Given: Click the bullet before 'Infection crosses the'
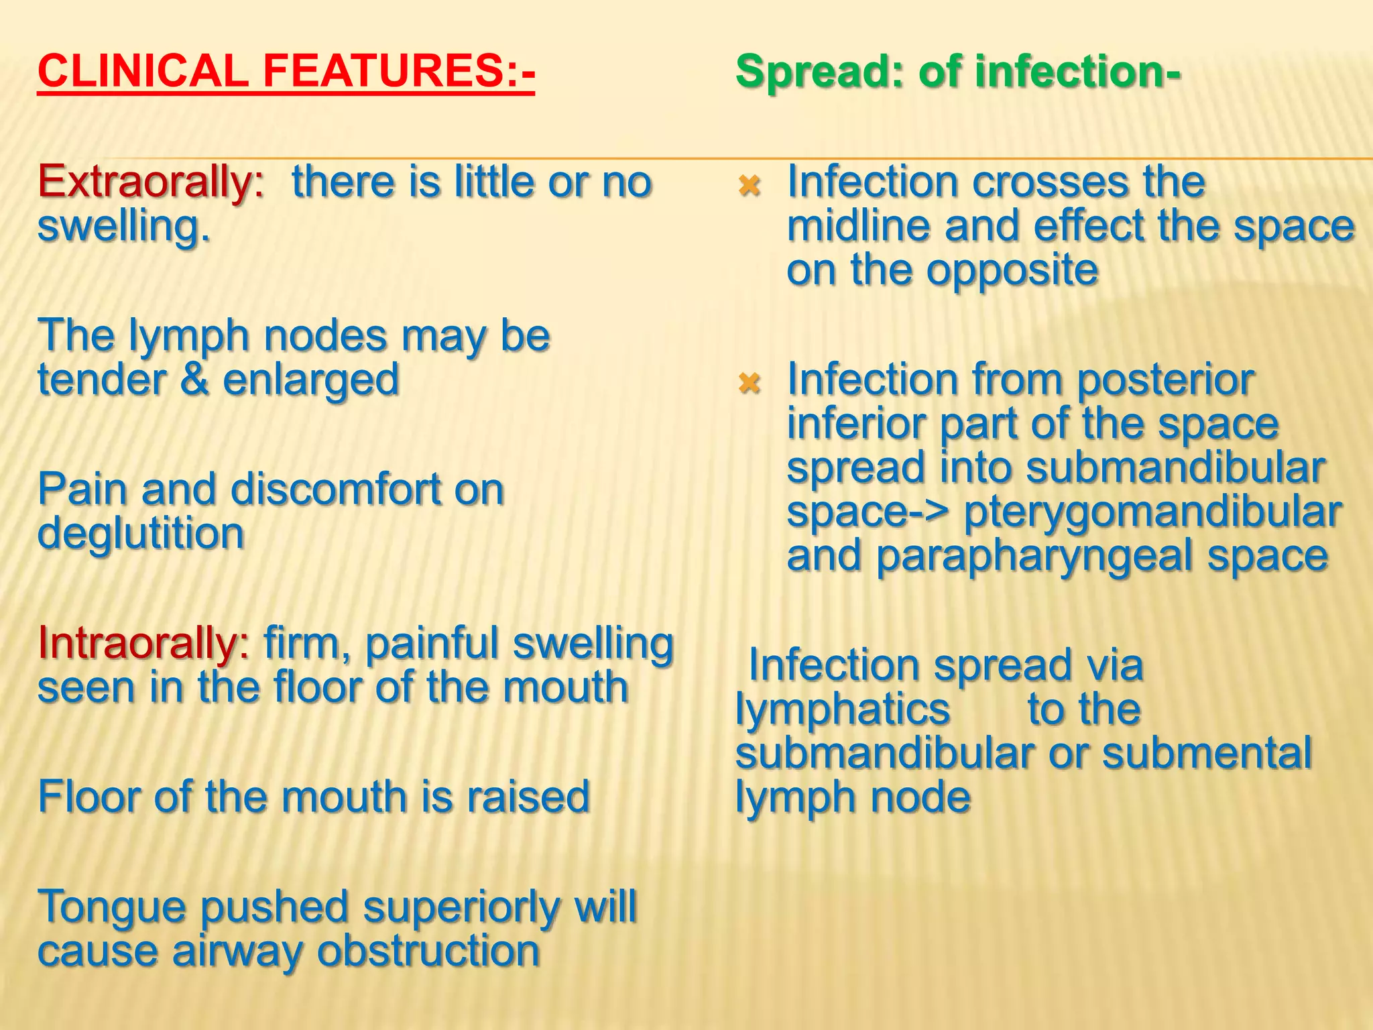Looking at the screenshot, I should [x=749, y=184].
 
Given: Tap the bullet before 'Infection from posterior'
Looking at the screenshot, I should [x=749, y=383].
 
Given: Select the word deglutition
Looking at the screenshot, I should [x=141, y=534].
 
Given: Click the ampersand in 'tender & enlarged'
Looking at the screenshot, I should [x=194, y=380].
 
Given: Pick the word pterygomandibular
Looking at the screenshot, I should [x=1152, y=512].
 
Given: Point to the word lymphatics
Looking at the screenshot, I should [x=843, y=709].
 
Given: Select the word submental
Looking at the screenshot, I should [x=1207, y=754].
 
